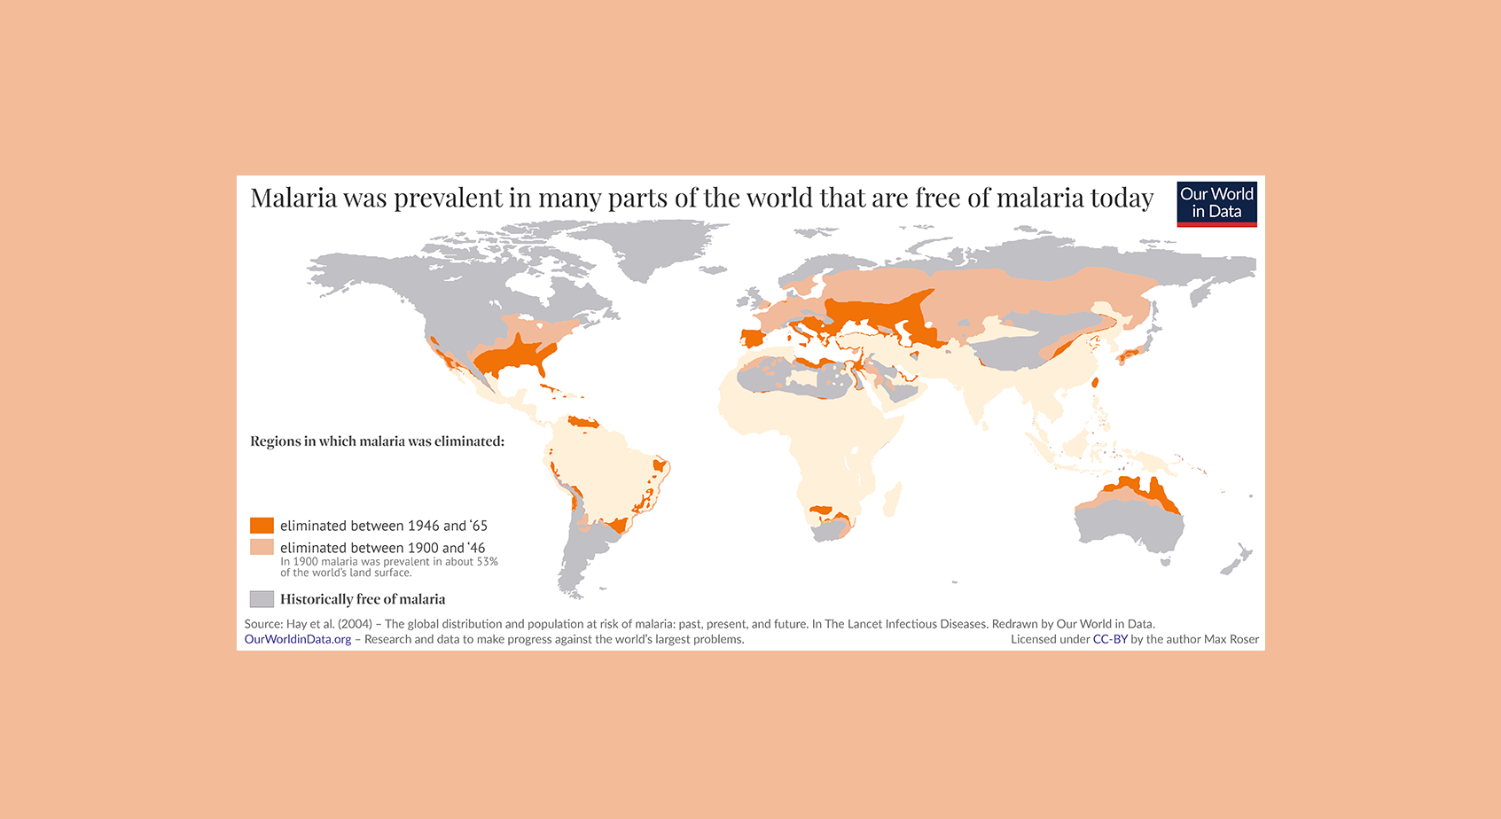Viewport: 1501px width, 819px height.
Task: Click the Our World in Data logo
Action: pos(1216,204)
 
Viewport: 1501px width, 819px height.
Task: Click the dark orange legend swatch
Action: pos(262,526)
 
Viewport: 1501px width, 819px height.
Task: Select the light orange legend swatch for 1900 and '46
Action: pos(262,547)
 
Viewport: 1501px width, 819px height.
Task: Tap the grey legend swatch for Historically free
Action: pos(262,599)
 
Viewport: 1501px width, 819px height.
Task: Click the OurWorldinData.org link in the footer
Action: pos(298,639)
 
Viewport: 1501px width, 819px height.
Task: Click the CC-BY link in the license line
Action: pos(1110,639)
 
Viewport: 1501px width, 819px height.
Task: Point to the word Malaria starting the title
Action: pos(293,198)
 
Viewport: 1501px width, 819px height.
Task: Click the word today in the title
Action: pos(1122,198)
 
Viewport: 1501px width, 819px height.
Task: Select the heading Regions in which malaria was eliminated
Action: pos(377,441)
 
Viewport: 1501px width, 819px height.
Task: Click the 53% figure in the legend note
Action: pos(487,562)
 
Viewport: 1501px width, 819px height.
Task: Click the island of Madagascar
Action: pos(893,498)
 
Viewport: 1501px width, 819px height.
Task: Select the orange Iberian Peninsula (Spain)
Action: pos(752,339)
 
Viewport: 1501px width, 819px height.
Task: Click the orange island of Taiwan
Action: pos(1094,383)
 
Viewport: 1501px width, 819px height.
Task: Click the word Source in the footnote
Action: pos(262,624)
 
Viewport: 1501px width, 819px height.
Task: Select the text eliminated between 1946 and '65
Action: pos(384,526)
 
